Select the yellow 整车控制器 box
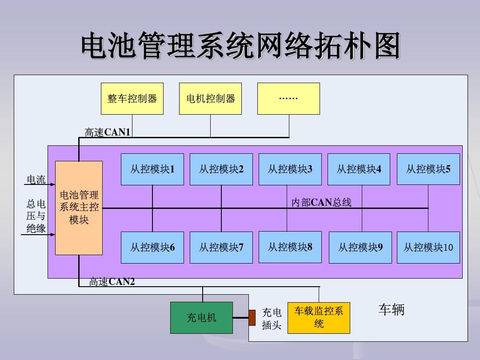click(132, 99)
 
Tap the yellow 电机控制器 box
click(210, 99)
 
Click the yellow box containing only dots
click(288, 99)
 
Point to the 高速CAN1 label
click(108, 132)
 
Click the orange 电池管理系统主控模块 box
click(79, 208)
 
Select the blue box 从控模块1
click(152, 169)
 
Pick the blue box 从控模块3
click(290, 169)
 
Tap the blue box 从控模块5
click(428, 169)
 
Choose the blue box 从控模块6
click(152, 248)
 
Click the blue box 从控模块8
click(290, 247)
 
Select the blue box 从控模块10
click(428, 248)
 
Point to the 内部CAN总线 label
click(321, 203)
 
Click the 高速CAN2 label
click(112, 282)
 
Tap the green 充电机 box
click(201, 318)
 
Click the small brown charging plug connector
click(252, 317)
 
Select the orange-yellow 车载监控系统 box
click(319, 318)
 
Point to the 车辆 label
click(392, 310)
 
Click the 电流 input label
click(36, 180)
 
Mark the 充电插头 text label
click(272, 319)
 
